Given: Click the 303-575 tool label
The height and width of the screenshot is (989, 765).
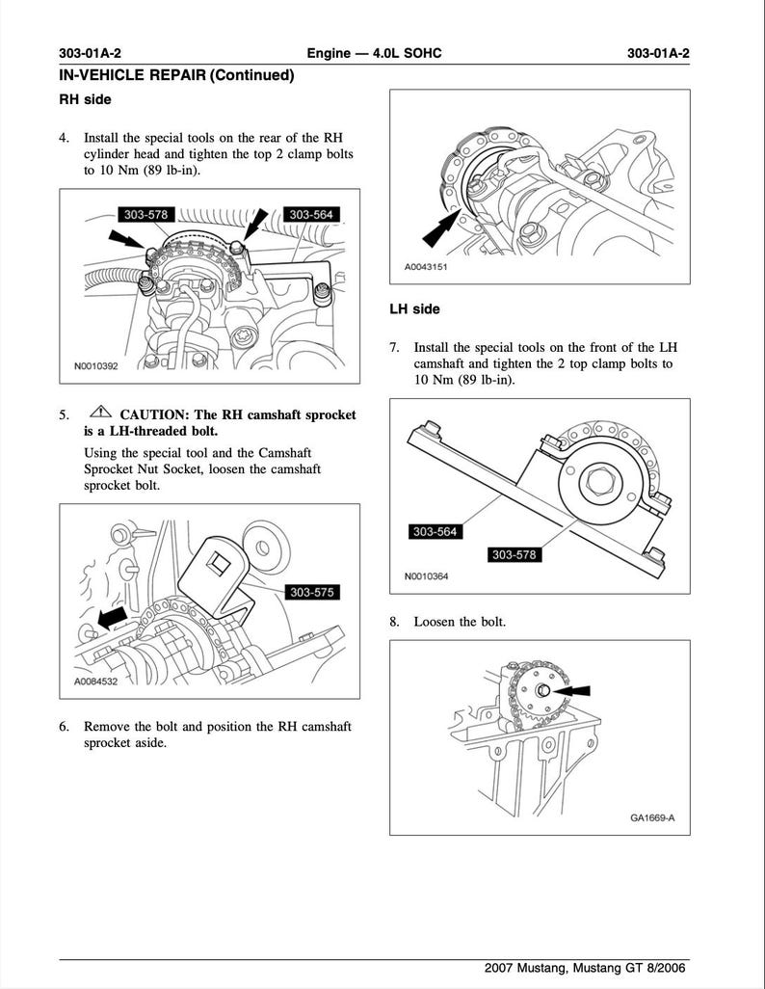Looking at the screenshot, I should tap(310, 592).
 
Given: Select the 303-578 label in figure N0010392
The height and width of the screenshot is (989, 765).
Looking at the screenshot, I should tap(145, 215).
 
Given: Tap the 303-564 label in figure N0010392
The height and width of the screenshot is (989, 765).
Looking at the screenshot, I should tap(311, 215).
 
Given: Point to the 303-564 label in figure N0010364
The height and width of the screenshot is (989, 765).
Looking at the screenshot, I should tap(435, 531).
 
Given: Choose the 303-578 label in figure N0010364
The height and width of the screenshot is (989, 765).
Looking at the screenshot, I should tap(514, 554).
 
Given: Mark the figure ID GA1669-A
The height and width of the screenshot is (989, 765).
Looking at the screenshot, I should tap(652, 818).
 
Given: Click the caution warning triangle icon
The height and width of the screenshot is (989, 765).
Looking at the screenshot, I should tap(100, 414).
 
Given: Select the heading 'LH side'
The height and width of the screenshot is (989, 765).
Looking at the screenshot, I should tap(414, 309).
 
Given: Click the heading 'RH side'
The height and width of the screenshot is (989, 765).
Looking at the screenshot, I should tap(85, 99).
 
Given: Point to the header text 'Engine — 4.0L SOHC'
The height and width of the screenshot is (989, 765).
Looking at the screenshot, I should tap(374, 53).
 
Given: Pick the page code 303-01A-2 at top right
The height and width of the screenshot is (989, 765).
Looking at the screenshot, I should tap(657, 53).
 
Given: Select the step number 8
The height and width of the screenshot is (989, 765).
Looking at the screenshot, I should tap(394, 622).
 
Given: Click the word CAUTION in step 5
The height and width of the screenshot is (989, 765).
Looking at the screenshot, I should tap(154, 414).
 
